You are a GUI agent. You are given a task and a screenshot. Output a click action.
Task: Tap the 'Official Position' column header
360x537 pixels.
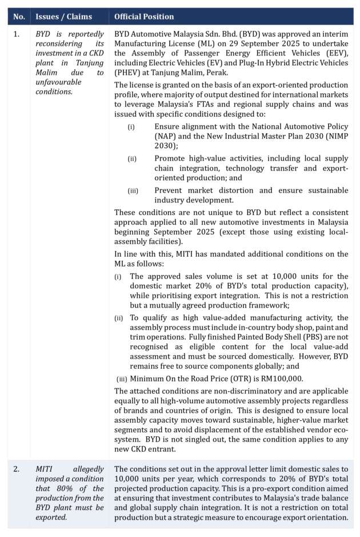pos(145,17)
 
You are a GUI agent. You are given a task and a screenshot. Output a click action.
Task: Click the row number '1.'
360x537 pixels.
pos(16,34)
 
